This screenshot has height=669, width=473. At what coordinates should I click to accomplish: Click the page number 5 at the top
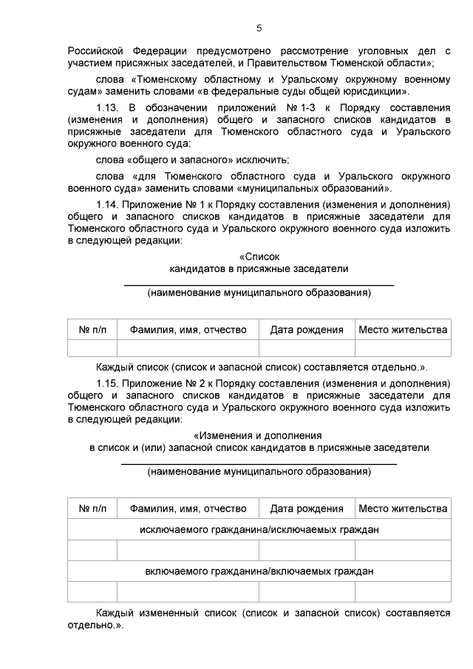259,28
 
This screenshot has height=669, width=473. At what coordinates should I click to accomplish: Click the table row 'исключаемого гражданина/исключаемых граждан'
259,529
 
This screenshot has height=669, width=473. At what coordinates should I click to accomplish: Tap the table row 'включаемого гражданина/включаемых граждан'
259,571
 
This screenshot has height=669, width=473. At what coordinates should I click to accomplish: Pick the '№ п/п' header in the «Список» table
92,330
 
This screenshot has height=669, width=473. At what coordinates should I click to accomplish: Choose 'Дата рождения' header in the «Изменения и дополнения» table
306,509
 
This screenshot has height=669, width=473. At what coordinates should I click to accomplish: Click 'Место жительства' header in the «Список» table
403,330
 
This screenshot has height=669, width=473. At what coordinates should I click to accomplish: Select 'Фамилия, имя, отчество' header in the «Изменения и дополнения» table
188,509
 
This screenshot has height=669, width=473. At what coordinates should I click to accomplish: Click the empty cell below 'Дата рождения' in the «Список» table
306,348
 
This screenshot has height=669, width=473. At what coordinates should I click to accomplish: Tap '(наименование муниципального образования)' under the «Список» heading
259,293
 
